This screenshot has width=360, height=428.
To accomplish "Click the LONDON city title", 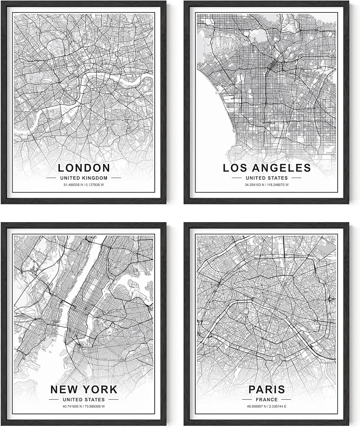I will [x=84, y=167].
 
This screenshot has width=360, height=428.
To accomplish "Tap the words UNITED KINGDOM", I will [x=84, y=178].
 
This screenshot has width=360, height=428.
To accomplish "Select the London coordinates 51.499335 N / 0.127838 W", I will [x=84, y=185].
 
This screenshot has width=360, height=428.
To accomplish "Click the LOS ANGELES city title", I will [x=267, y=168].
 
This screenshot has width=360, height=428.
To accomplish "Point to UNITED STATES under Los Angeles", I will [x=267, y=178].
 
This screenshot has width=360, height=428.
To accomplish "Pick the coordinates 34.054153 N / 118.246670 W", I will [x=267, y=185].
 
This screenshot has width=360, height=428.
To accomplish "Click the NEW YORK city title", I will [x=84, y=389].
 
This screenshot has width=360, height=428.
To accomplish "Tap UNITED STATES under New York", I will [x=84, y=399].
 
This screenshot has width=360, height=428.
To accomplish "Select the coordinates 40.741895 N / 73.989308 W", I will [x=84, y=406].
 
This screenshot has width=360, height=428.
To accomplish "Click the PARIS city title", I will [x=267, y=389].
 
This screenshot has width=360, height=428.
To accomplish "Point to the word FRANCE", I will [x=267, y=399].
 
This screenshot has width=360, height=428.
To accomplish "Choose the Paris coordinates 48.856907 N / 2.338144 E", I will [x=267, y=406].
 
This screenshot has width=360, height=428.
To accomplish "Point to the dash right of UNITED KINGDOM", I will [x=116, y=178].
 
